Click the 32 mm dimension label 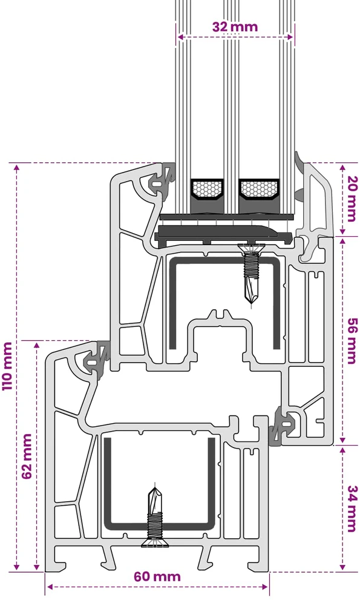tap(235, 27)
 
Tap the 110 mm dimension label tap(7, 366)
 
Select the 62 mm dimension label tap(27, 457)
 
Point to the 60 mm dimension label tap(157, 576)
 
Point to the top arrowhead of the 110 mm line tap(16, 167)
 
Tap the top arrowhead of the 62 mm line tap(37, 345)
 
